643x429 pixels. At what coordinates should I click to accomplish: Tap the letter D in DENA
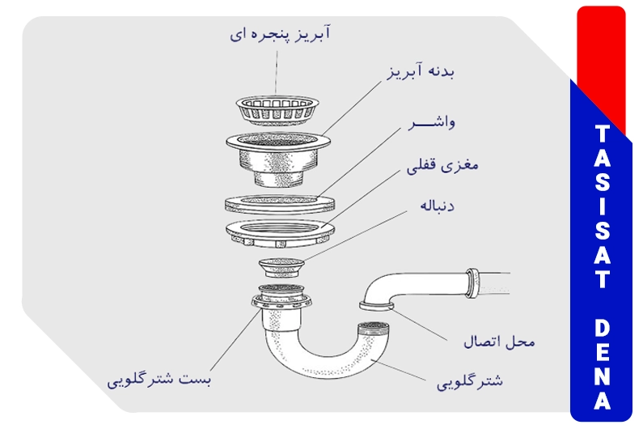tap(602, 328)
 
